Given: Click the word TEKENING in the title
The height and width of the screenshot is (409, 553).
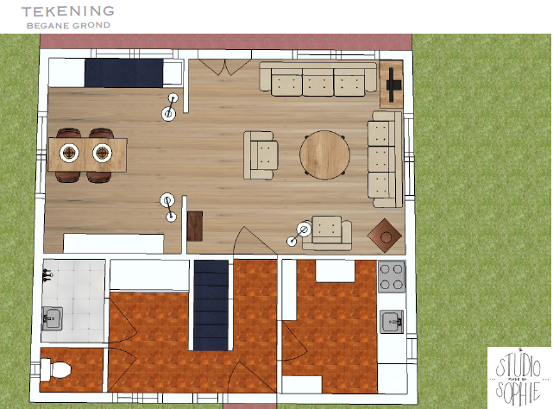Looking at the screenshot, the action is click(x=68, y=11).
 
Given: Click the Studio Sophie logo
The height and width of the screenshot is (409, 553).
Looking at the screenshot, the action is click(x=518, y=378).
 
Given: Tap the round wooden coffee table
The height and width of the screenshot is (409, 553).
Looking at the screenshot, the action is click(x=325, y=154).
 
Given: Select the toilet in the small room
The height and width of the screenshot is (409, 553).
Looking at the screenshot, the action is click(x=55, y=370).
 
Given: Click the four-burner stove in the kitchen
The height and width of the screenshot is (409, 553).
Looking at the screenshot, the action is click(x=391, y=277).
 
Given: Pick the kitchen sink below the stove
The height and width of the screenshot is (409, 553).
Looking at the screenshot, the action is click(x=392, y=322).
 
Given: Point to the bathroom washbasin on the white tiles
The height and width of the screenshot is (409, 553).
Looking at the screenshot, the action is click(x=53, y=318).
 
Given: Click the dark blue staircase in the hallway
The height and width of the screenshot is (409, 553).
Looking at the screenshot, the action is click(x=211, y=305).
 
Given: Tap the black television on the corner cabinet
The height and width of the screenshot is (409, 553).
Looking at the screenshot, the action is click(x=393, y=85).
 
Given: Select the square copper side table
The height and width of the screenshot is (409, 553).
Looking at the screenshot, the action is click(x=385, y=236).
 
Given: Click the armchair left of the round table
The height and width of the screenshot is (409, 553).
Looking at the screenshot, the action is click(x=261, y=155).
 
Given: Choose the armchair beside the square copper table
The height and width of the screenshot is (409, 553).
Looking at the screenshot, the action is click(x=327, y=233).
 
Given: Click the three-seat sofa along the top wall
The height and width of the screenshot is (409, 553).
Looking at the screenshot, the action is click(x=318, y=79).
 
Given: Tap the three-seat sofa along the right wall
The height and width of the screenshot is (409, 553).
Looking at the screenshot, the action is click(x=385, y=159).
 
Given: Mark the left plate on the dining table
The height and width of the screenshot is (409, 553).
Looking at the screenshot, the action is click(x=69, y=153).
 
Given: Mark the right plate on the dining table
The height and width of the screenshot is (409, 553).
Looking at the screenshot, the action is click(x=103, y=153).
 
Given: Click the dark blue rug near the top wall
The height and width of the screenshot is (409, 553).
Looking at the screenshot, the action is click(x=123, y=73).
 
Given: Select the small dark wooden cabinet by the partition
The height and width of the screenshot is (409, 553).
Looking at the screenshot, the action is click(x=195, y=226).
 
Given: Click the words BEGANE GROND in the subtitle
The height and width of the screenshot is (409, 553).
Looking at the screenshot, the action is click(x=68, y=25).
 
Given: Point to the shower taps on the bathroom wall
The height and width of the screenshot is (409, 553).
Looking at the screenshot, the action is click(x=47, y=275).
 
